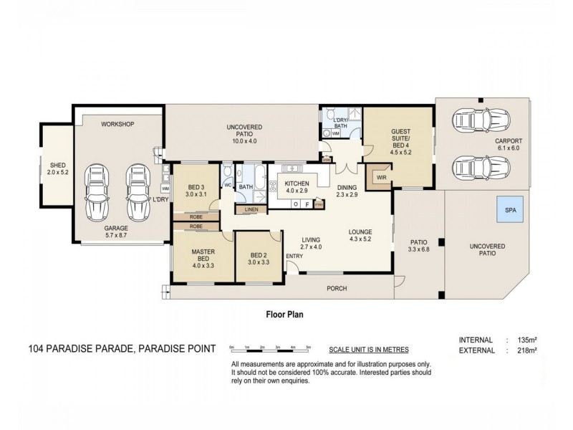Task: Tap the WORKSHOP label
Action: click(x=117, y=124)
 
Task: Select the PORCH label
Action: click(x=337, y=289)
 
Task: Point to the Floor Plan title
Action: click(x=286, y=313)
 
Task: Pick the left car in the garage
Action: click(x=97, y=193)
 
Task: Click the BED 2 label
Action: click(x=259, y=258)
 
